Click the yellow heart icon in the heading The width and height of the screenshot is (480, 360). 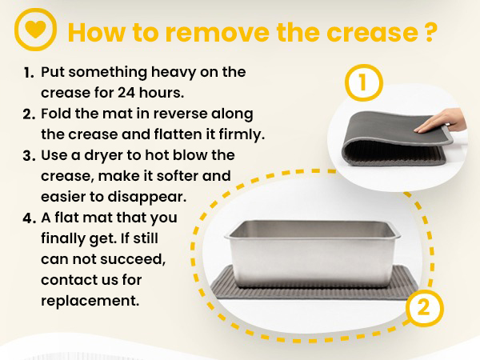coord(35,30)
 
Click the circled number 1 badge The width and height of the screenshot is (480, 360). coord(364,82)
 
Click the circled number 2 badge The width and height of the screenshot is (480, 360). coord(424,307)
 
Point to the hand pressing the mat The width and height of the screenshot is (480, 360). coord(441,122)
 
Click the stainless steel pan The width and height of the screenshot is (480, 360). coord(312,254)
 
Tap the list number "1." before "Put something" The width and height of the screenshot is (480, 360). coord(28,73)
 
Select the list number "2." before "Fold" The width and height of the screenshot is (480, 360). coord(29,114)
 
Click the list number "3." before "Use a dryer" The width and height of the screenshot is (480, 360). coord(29,156)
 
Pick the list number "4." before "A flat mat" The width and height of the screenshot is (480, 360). coord(29,218)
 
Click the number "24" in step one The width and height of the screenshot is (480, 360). coord(126,93)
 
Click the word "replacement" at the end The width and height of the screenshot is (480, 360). coord(90,302)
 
